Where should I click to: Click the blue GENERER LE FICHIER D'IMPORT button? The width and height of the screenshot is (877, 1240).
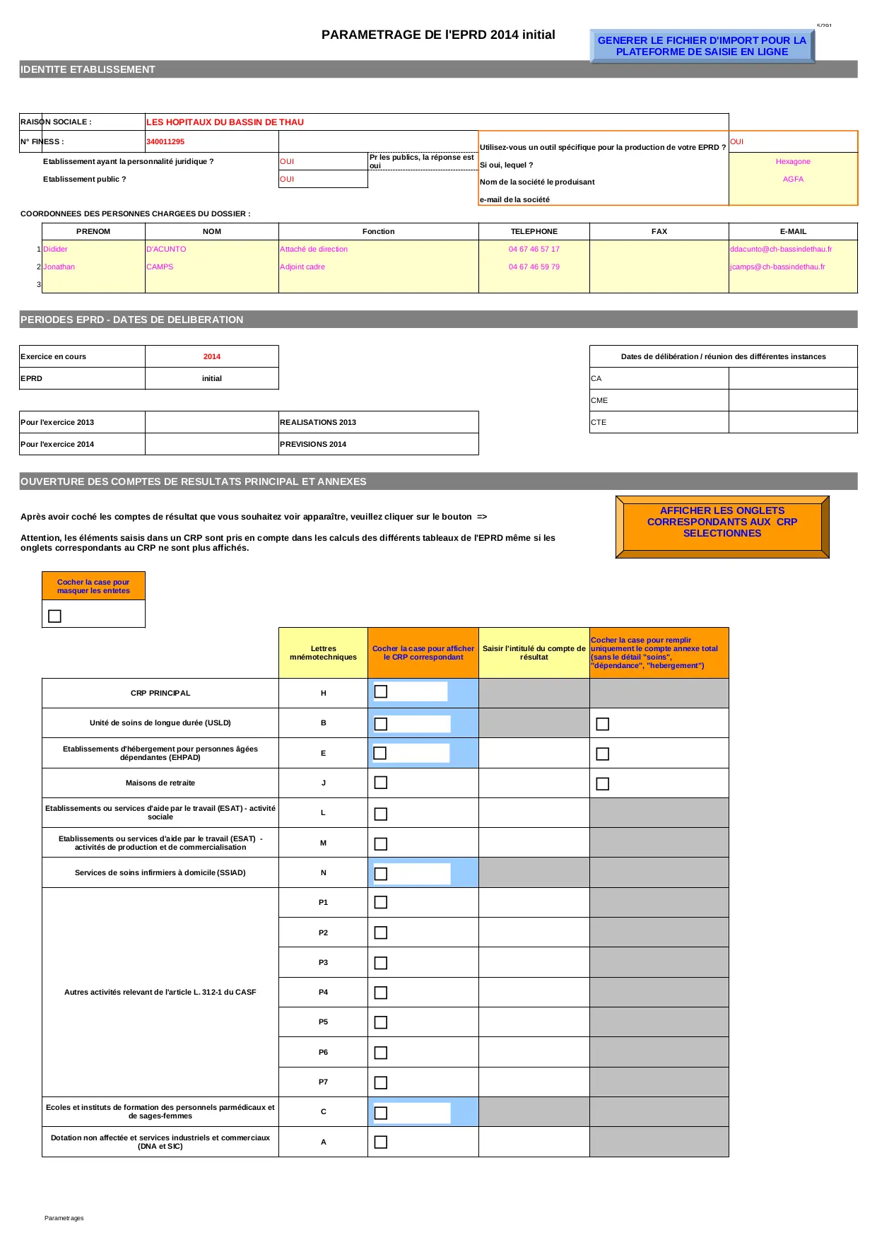(701, 46)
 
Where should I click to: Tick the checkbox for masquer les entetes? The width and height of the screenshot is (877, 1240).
(54, 616)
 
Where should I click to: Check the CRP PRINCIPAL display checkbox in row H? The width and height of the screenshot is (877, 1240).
(381, 691)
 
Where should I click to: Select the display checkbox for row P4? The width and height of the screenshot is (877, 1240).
(381, 993)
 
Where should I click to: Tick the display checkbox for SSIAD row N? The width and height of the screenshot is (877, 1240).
(381, 874)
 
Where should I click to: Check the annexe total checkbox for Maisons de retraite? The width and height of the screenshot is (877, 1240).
(602, 783)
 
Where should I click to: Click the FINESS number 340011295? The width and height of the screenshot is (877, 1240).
(165, 141)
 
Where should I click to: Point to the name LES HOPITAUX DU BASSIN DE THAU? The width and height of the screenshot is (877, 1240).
(225, 122)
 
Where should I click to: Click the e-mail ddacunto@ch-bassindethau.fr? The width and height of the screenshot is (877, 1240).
(781, 250)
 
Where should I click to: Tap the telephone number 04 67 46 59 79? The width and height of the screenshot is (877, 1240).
(534, 267)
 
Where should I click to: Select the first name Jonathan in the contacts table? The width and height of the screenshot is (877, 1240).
(59, 267)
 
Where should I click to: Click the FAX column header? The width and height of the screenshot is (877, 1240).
(659, 231)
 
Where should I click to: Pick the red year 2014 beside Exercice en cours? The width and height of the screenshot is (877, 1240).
(212, 357)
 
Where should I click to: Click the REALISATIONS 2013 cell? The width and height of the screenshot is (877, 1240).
(318, 422)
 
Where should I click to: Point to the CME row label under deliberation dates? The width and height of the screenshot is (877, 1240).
(599, 401)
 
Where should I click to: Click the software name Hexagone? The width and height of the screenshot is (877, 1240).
(793, 162)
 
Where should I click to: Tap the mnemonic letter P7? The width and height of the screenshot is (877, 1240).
(323, 1082)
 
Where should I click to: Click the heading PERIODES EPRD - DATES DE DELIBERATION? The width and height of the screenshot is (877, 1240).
(132, 320)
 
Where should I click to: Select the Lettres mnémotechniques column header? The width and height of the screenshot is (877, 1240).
(323, 653)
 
